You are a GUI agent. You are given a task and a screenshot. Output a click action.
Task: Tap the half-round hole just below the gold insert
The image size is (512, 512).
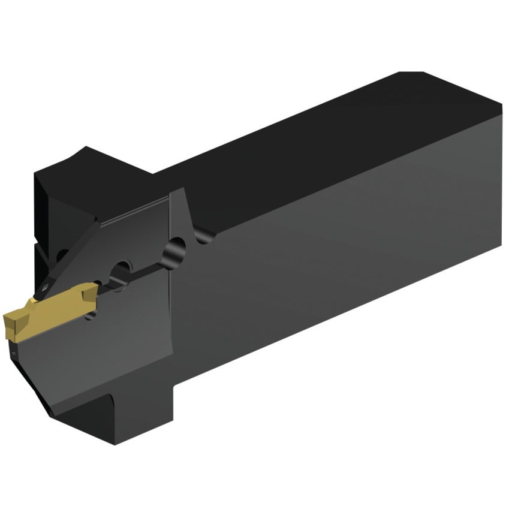[91, 313]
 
